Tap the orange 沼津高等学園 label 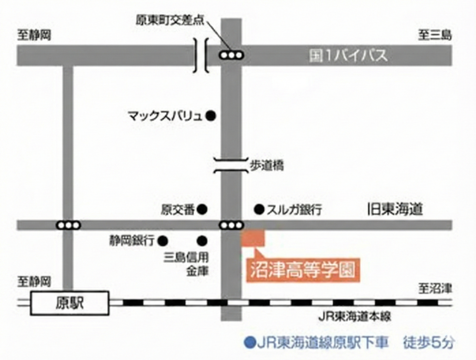click(303, 269)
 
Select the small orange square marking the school click(253, 237)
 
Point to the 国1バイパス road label click(348, 56)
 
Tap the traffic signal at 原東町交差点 click(231, 55)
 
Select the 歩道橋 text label click(267, 165)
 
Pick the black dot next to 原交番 click(202, 209)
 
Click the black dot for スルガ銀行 click(258, 209)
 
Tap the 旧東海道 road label click(395, 209)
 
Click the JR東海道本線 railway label click(354, 317)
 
